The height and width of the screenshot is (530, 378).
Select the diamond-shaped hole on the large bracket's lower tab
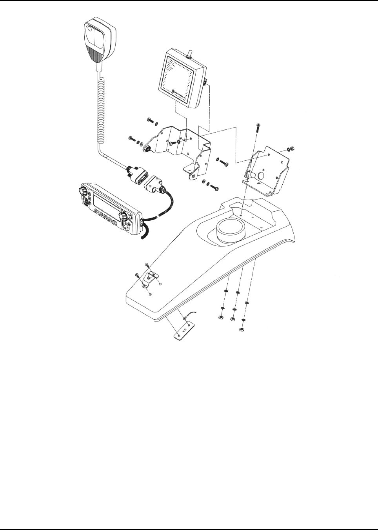[194, 176]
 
